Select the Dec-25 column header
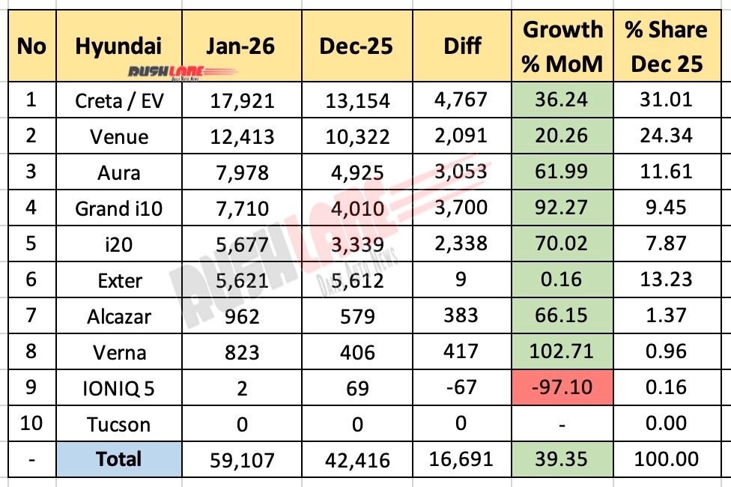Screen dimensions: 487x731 357,46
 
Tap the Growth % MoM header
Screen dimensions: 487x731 562,46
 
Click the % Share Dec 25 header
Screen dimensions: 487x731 667,46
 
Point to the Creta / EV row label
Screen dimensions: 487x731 118,100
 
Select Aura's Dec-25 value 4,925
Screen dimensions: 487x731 357,173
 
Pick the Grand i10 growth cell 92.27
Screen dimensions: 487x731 562,208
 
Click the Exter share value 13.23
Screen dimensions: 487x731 667,279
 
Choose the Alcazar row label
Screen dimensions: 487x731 118,315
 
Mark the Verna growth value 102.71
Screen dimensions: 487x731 562,351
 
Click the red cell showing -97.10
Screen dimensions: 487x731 562,387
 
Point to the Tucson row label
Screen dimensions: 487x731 118,424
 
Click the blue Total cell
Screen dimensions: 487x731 118,459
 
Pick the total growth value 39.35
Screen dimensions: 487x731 562,459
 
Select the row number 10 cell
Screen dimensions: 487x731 31,424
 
